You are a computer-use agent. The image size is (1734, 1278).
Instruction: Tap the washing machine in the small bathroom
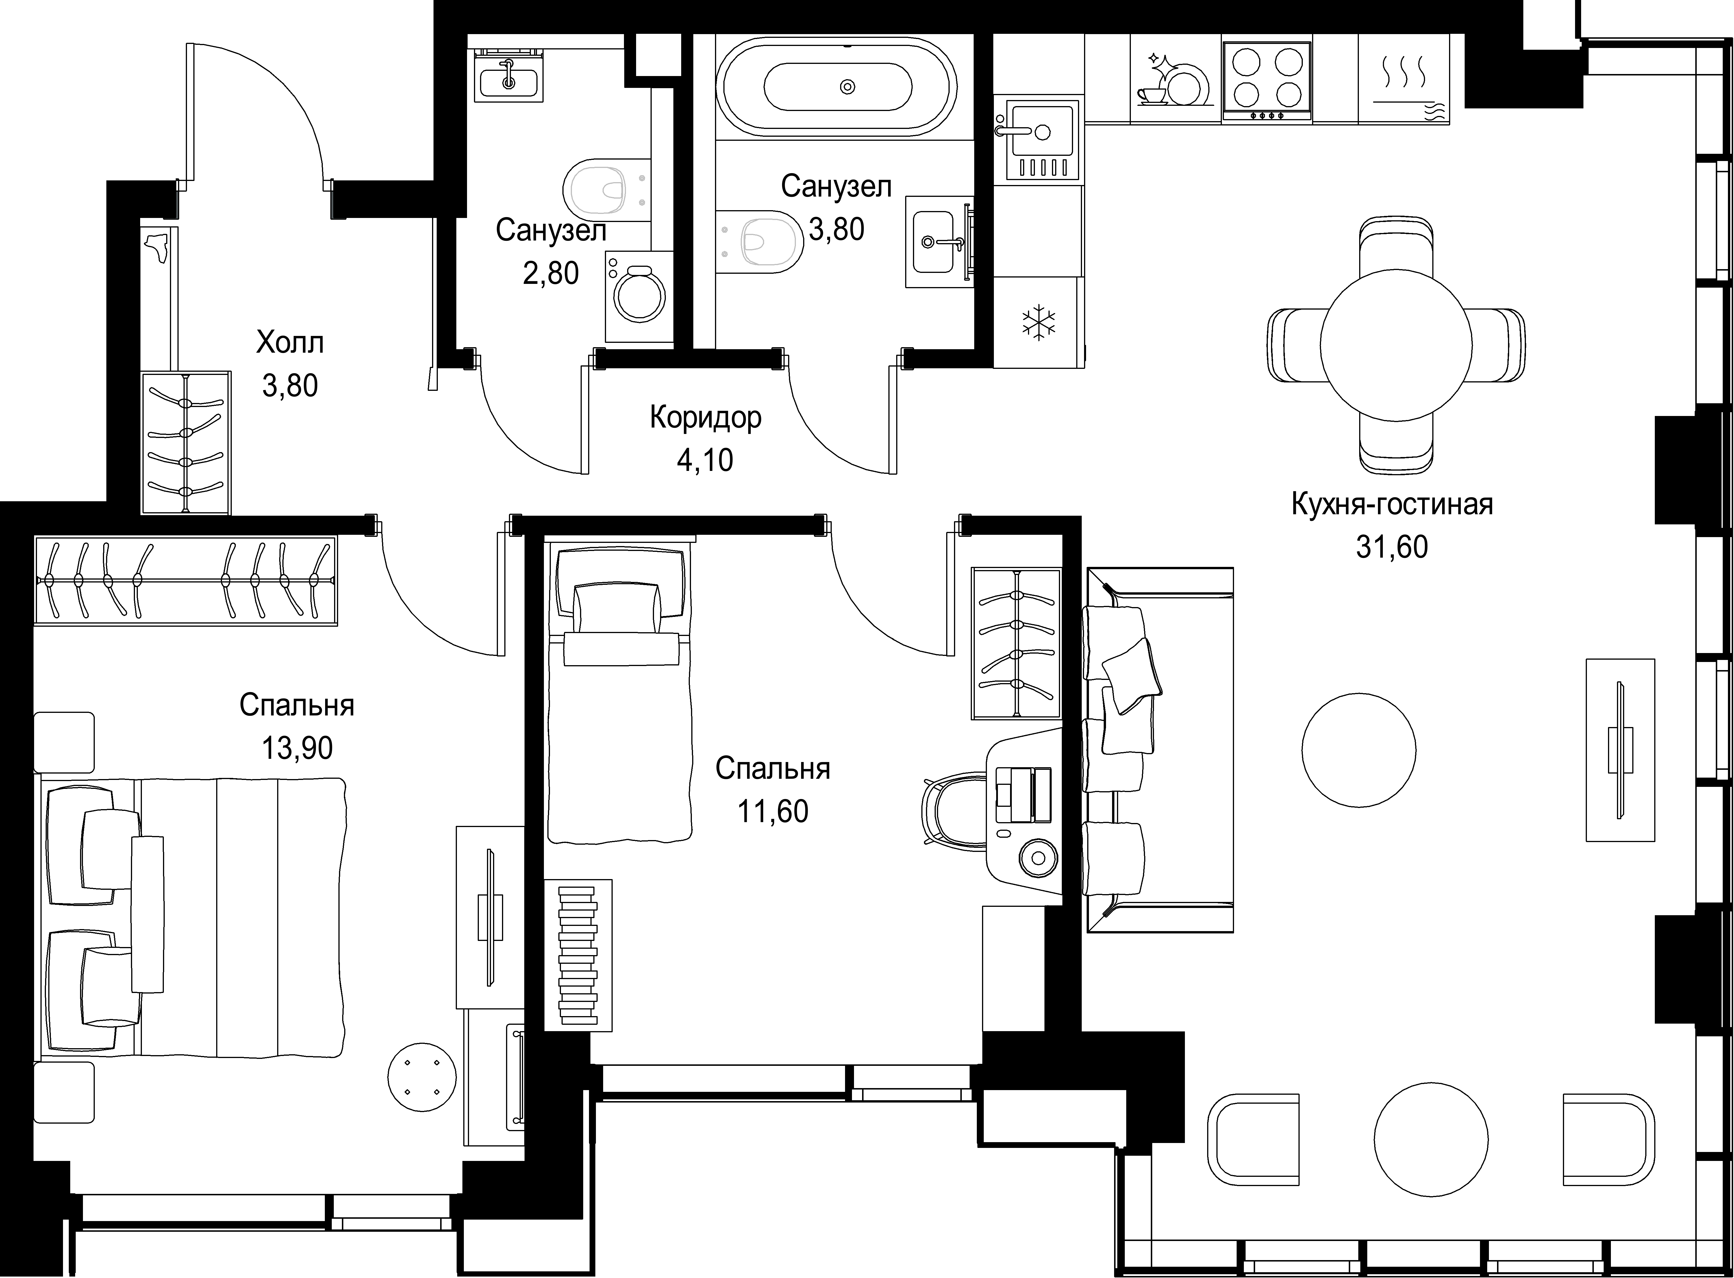(x=639, y=296)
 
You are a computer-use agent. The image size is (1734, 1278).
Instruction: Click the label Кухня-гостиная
(x=1392, y=504)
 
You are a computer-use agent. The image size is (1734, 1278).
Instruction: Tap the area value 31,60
(x=1392, y=547)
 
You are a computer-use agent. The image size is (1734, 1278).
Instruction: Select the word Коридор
(x=705, y=418)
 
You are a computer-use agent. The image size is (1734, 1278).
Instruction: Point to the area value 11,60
(x=773, y=811)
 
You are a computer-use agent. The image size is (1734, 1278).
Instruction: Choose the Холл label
(x=290, y=342)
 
